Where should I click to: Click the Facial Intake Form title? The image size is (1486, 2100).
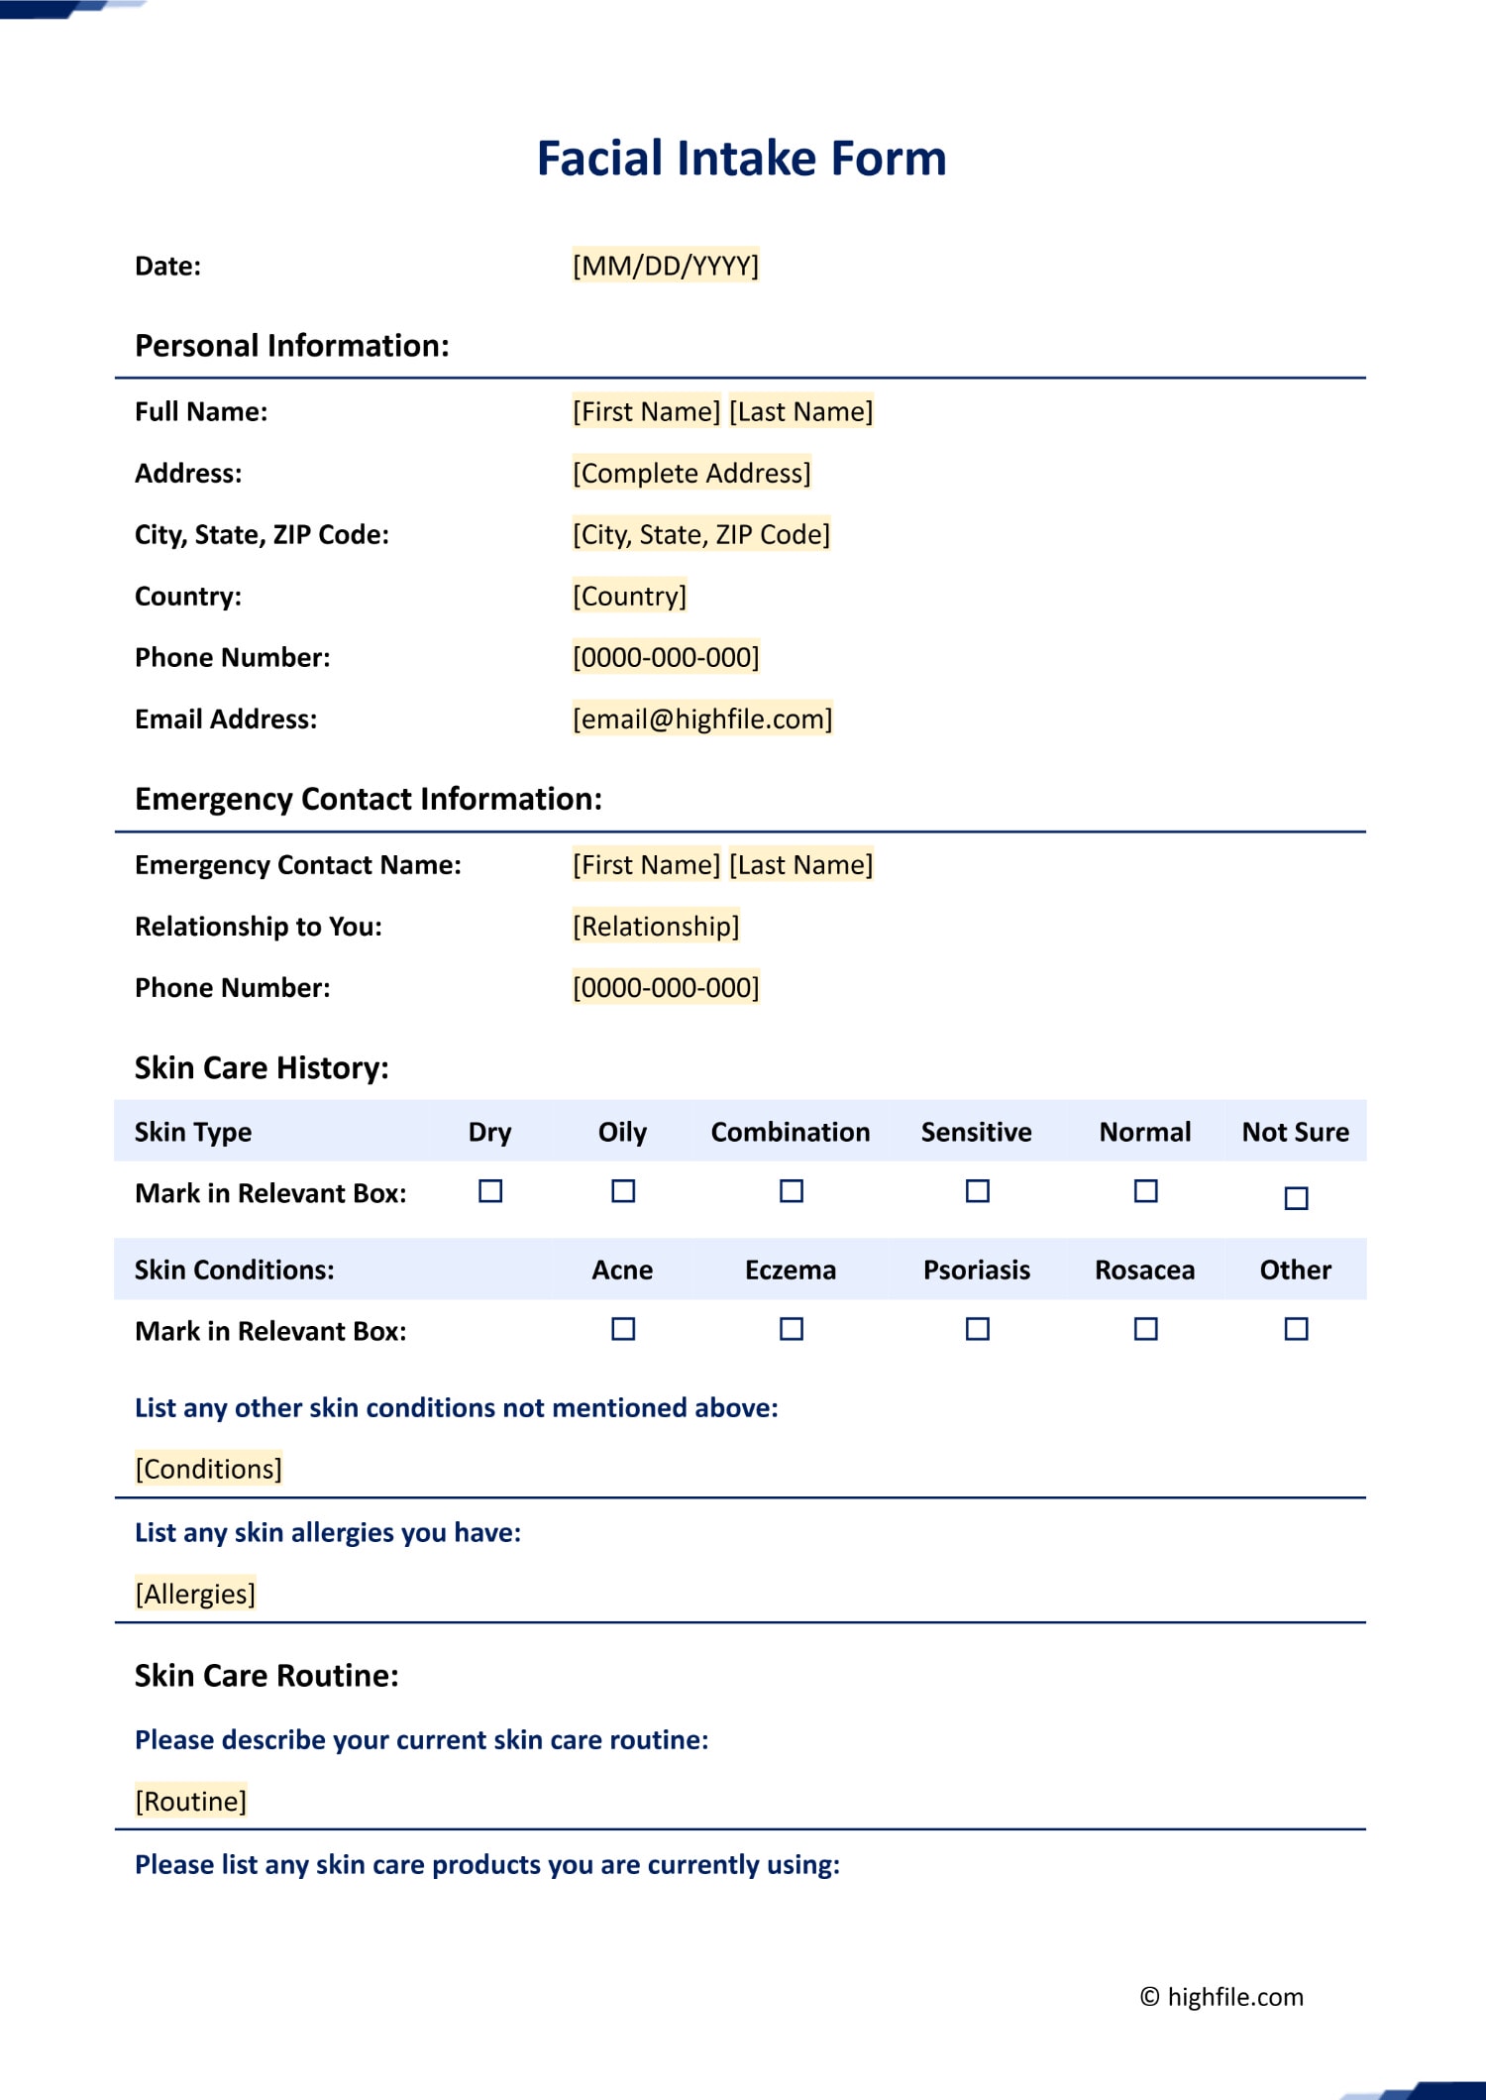(x=741, y=159)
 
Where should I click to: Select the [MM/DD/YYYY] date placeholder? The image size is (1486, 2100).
(x=666, y=266)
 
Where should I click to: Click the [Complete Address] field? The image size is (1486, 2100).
(x=691, y=474)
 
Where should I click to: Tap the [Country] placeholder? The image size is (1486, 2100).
(x=629, y=597)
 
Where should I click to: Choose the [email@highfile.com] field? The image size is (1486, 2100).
(x=702, y=719)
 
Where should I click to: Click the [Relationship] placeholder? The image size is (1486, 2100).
(x=656, y=927)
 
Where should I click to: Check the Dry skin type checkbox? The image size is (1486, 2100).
(x=490, y=1191)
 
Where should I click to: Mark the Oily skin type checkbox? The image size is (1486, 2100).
(x=623, y=1191)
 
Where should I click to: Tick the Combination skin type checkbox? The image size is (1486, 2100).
(x=792, y=1191)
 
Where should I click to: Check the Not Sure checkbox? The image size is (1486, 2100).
(x=1296, y=1198)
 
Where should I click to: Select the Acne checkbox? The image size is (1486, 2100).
(x=623, y=1329)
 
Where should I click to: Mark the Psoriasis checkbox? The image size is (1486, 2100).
(x=978, y=1329)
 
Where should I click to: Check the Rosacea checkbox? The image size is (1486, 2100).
(x=1146, y=1329)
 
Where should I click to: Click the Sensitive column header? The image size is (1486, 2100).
(x=977, y=1132)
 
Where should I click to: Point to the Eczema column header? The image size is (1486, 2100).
(x=791, y=1271)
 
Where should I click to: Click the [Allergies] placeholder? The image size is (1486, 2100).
(x=195, y=1594)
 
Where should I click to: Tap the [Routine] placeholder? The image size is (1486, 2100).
(x=190, y=1801)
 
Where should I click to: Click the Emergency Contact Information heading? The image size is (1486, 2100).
(x=369, y=799)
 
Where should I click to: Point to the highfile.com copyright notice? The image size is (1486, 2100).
(x=1221, y=1997)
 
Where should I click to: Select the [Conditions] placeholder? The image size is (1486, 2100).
(x=208, y=1469)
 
